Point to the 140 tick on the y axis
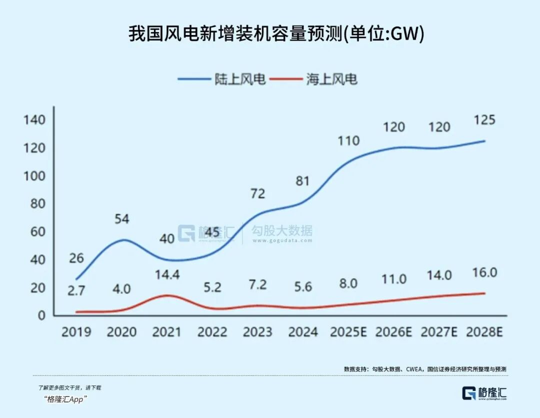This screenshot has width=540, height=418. coord(34,120)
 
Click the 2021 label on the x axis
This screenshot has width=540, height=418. coord(166,332)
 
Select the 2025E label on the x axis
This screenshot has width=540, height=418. coord(349,332)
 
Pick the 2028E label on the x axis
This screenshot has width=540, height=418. coord(484,332)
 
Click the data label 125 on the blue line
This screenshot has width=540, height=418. coord(484,120)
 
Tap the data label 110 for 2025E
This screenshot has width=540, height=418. coord(348,141)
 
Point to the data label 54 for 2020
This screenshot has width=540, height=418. coord(121,219)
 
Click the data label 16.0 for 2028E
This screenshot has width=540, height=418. coord(484,273)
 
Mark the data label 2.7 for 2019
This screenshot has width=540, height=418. coord(76,291)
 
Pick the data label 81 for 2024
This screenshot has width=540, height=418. coord(303,181)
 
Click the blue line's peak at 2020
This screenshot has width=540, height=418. coord(122,240)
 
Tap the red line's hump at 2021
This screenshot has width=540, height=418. coord(167,295)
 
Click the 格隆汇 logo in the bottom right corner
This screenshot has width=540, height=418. coord(484,393)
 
